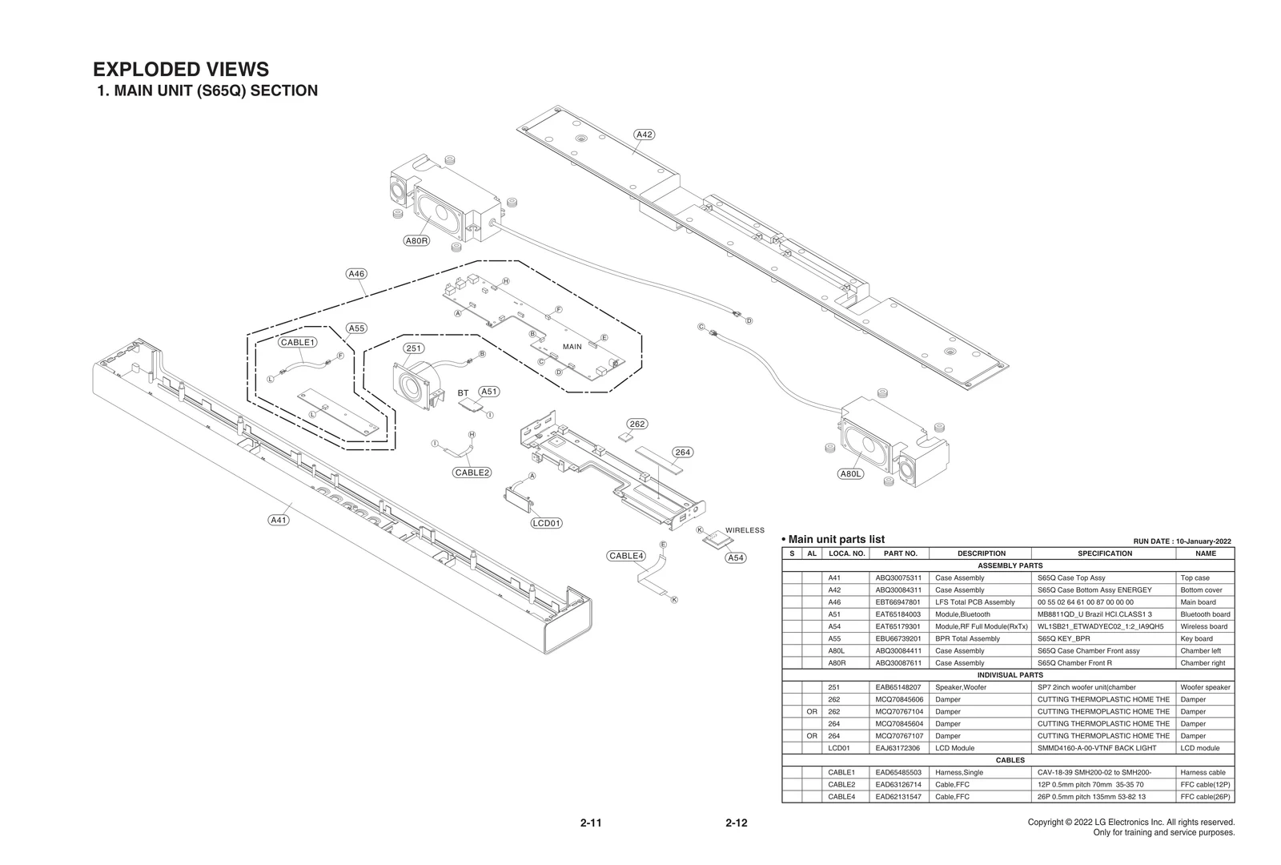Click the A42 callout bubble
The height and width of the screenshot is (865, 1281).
click(644, 135)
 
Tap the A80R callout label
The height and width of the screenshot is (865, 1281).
click(416, 240)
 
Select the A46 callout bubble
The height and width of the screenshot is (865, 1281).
click(356, 274)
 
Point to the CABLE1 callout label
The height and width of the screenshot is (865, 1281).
click(298, 342)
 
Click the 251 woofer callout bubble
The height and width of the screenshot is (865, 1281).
click(413, 348)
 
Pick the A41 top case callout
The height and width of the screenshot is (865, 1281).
click(278, 520)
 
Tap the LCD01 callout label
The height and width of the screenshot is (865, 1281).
click(547, 523)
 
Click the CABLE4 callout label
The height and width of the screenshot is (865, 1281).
click(626, 556)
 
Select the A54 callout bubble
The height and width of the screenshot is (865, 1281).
click(735, 557)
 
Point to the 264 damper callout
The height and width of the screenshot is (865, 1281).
click(682, 453)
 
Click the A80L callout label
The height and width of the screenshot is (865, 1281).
click(851, 474)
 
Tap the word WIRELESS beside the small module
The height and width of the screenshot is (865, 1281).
click(745, 530)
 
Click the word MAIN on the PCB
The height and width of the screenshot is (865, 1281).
click(572, 347)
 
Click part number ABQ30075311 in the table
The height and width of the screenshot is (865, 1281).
click(898, 577)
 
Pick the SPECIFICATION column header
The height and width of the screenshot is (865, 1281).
click(1104, 553)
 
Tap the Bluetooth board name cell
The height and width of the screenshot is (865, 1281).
click(1205, 614)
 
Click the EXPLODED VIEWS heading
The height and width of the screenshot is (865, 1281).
click(181, 70)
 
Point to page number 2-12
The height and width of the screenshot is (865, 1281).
click(736, 823)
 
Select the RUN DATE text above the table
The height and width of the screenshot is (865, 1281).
click(1182, 541)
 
